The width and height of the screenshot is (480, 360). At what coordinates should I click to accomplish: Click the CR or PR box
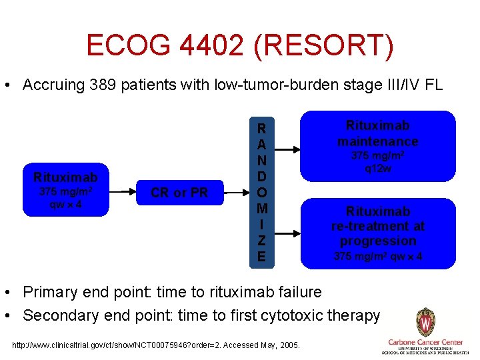(179, 193)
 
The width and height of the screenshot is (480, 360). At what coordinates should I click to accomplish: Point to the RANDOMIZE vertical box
(261, 193)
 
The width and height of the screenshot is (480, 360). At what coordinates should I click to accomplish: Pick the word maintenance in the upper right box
(377, 141)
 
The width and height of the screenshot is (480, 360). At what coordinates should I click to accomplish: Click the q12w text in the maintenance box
(377, 168)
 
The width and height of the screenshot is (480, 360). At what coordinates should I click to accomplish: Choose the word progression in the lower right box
(377, 241)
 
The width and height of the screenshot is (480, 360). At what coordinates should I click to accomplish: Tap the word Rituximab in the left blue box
(65, 177)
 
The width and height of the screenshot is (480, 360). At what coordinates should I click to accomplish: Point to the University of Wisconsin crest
(425, 322)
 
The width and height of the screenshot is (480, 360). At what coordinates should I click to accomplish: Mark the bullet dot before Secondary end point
(10, 316)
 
